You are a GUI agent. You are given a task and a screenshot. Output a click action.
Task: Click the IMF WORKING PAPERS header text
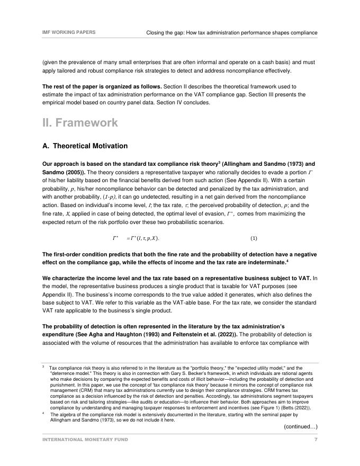tap(69, 32)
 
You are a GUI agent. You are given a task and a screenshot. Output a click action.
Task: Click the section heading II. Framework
tap(80, 122)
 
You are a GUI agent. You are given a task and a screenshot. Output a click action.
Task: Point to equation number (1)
tap(254, 238)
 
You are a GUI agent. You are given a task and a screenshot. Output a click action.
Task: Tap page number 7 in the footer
tap(316, 440)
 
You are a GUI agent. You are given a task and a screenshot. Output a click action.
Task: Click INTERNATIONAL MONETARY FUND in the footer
tap(85, 440)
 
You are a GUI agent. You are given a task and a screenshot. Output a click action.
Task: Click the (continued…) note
tap(300, 426)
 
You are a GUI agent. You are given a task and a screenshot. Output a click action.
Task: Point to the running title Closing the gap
tap(231, 33)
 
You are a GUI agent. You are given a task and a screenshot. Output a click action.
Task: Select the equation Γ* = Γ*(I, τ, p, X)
tap(136, 238)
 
